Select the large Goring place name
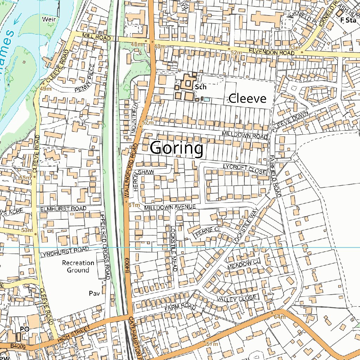coord(176,148)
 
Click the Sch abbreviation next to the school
coord(200,87)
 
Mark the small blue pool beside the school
coord(207,99)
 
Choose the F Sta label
coord(348,20)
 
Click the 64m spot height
coord(280,317)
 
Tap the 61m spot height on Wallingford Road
coord(134,205)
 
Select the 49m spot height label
coord(46,89)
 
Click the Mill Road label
coord(97,37)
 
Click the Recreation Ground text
coord(78,266)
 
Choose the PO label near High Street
coord(24,329)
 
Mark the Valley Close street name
coord(237,298)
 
